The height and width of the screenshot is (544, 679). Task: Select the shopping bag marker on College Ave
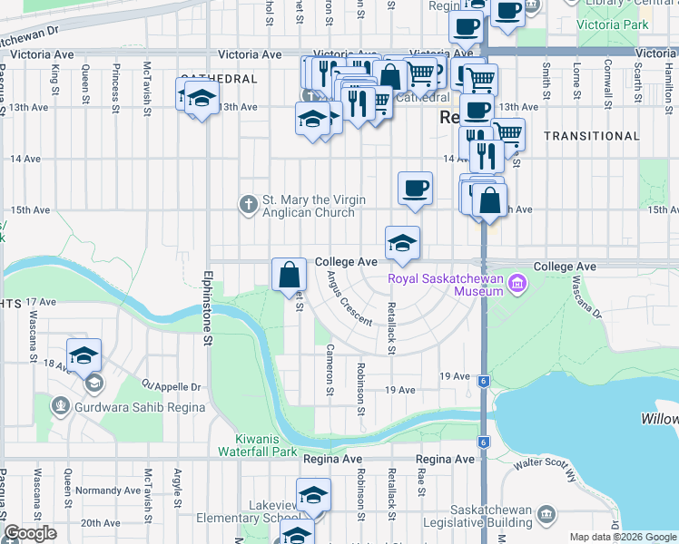289,275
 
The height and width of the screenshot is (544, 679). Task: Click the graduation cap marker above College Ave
402,243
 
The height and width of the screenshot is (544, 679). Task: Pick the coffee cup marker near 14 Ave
415,189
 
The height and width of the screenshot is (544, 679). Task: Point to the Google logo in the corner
31,534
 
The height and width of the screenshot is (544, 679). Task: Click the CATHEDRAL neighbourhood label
219,80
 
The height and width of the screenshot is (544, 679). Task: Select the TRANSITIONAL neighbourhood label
591,136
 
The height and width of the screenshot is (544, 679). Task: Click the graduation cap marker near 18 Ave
84,355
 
